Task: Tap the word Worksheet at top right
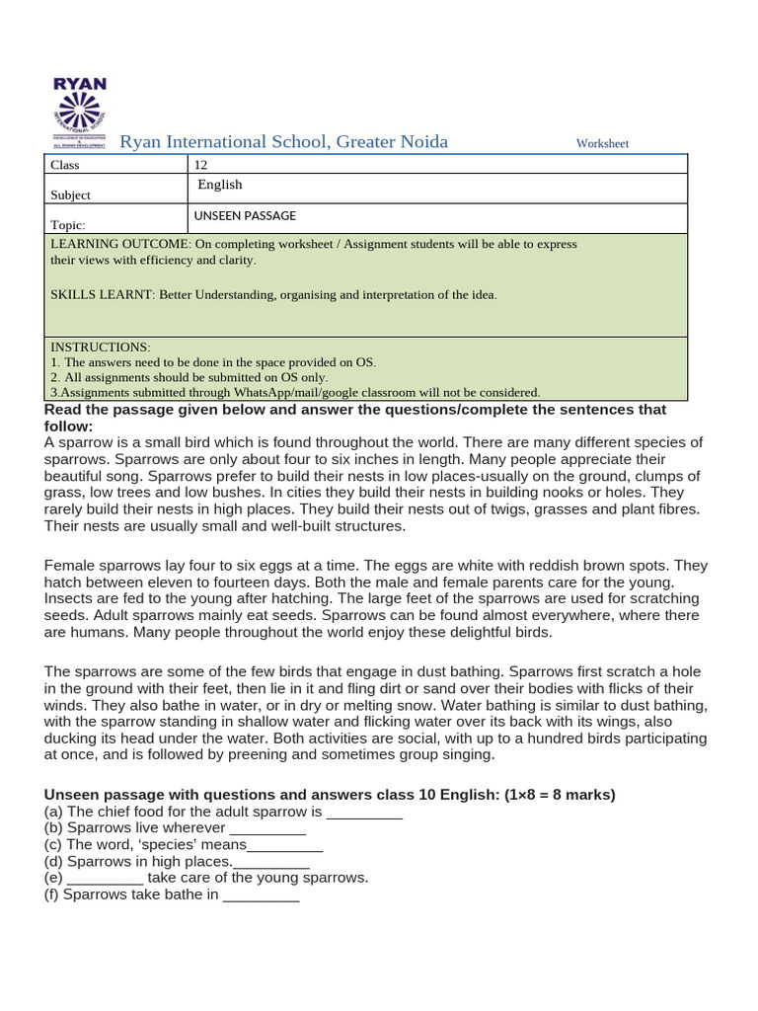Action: coord(602,144)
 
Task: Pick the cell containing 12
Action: coord(201,165)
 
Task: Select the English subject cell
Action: coord(220,185)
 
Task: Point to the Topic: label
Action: coord(68,225)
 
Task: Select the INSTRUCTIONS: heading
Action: coord(101,348)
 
